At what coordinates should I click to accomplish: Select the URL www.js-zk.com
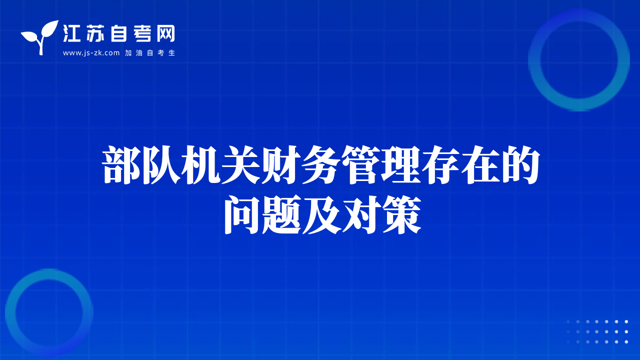point(91,53)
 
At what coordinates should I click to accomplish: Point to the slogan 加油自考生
point(150,53)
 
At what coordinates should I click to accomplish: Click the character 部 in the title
point(121,165)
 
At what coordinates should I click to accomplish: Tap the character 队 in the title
point(161,165)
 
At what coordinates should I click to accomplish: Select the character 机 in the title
point(201,165)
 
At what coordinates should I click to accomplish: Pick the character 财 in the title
point(281,165)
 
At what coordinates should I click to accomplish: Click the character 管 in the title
point(361,165)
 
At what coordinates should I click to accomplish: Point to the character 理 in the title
point(401,165)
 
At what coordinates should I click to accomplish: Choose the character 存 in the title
point(441,165)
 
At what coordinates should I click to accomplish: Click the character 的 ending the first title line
point(520,165)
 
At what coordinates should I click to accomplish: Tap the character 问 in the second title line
point(243,214)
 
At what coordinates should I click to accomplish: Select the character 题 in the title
point(282,214)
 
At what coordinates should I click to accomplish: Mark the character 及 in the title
point(322,214)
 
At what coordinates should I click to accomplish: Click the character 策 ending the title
point(402,214)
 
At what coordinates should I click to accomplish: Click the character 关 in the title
point(241,165)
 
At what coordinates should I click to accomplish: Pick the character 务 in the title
point(321,165)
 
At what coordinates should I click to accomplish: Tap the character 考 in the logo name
point(142,33)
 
